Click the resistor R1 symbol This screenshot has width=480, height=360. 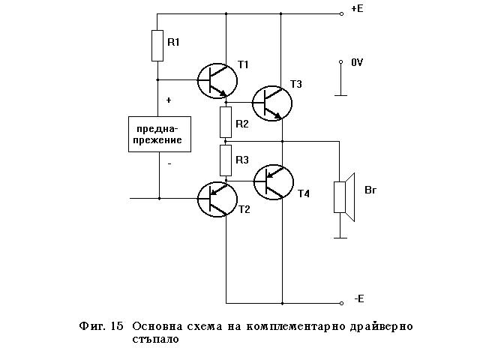(157, 45)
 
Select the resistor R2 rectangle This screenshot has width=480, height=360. (226, 119)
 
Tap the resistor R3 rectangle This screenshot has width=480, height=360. (226, 159)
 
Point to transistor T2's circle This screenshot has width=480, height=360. (216, 199)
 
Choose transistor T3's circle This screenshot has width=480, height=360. (271, 103)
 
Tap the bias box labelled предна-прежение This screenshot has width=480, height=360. (160, 134)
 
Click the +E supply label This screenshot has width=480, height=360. (357, 10)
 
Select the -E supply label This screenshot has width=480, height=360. (358, 299)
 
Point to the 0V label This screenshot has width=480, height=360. (357, 63)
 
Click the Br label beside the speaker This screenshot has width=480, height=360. (370, 190)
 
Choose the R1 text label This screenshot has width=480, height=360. (173, 42)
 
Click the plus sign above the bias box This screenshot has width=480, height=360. (168, 100)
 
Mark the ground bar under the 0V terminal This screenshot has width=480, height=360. (341, 95)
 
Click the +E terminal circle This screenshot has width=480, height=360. (341, 13)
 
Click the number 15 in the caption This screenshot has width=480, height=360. (116, 326)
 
